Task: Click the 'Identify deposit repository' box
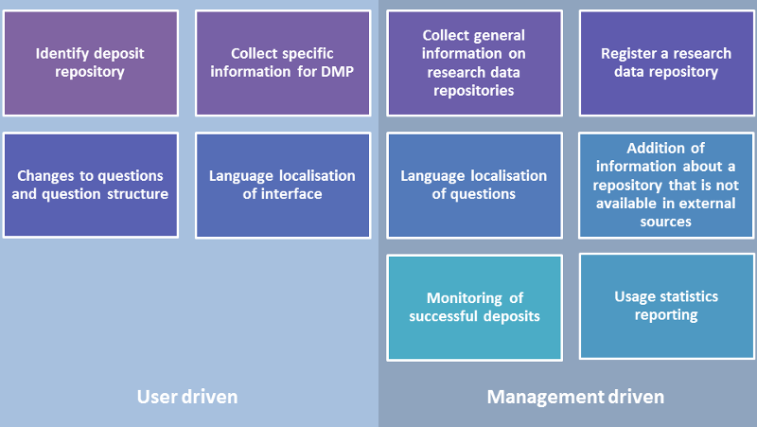coord(90,63)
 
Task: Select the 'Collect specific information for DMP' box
coord(283,63)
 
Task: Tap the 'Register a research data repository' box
coord(666,63)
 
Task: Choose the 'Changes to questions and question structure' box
coord(90,186)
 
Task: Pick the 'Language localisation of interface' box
coord(283,186)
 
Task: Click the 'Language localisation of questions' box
coord(475,186)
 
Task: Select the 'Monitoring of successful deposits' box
coord(475,308)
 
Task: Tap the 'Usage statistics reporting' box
coord(666,306)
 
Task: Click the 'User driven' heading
coord(187,397)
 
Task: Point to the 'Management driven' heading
coord(575,397)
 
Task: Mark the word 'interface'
coord(291,194)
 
